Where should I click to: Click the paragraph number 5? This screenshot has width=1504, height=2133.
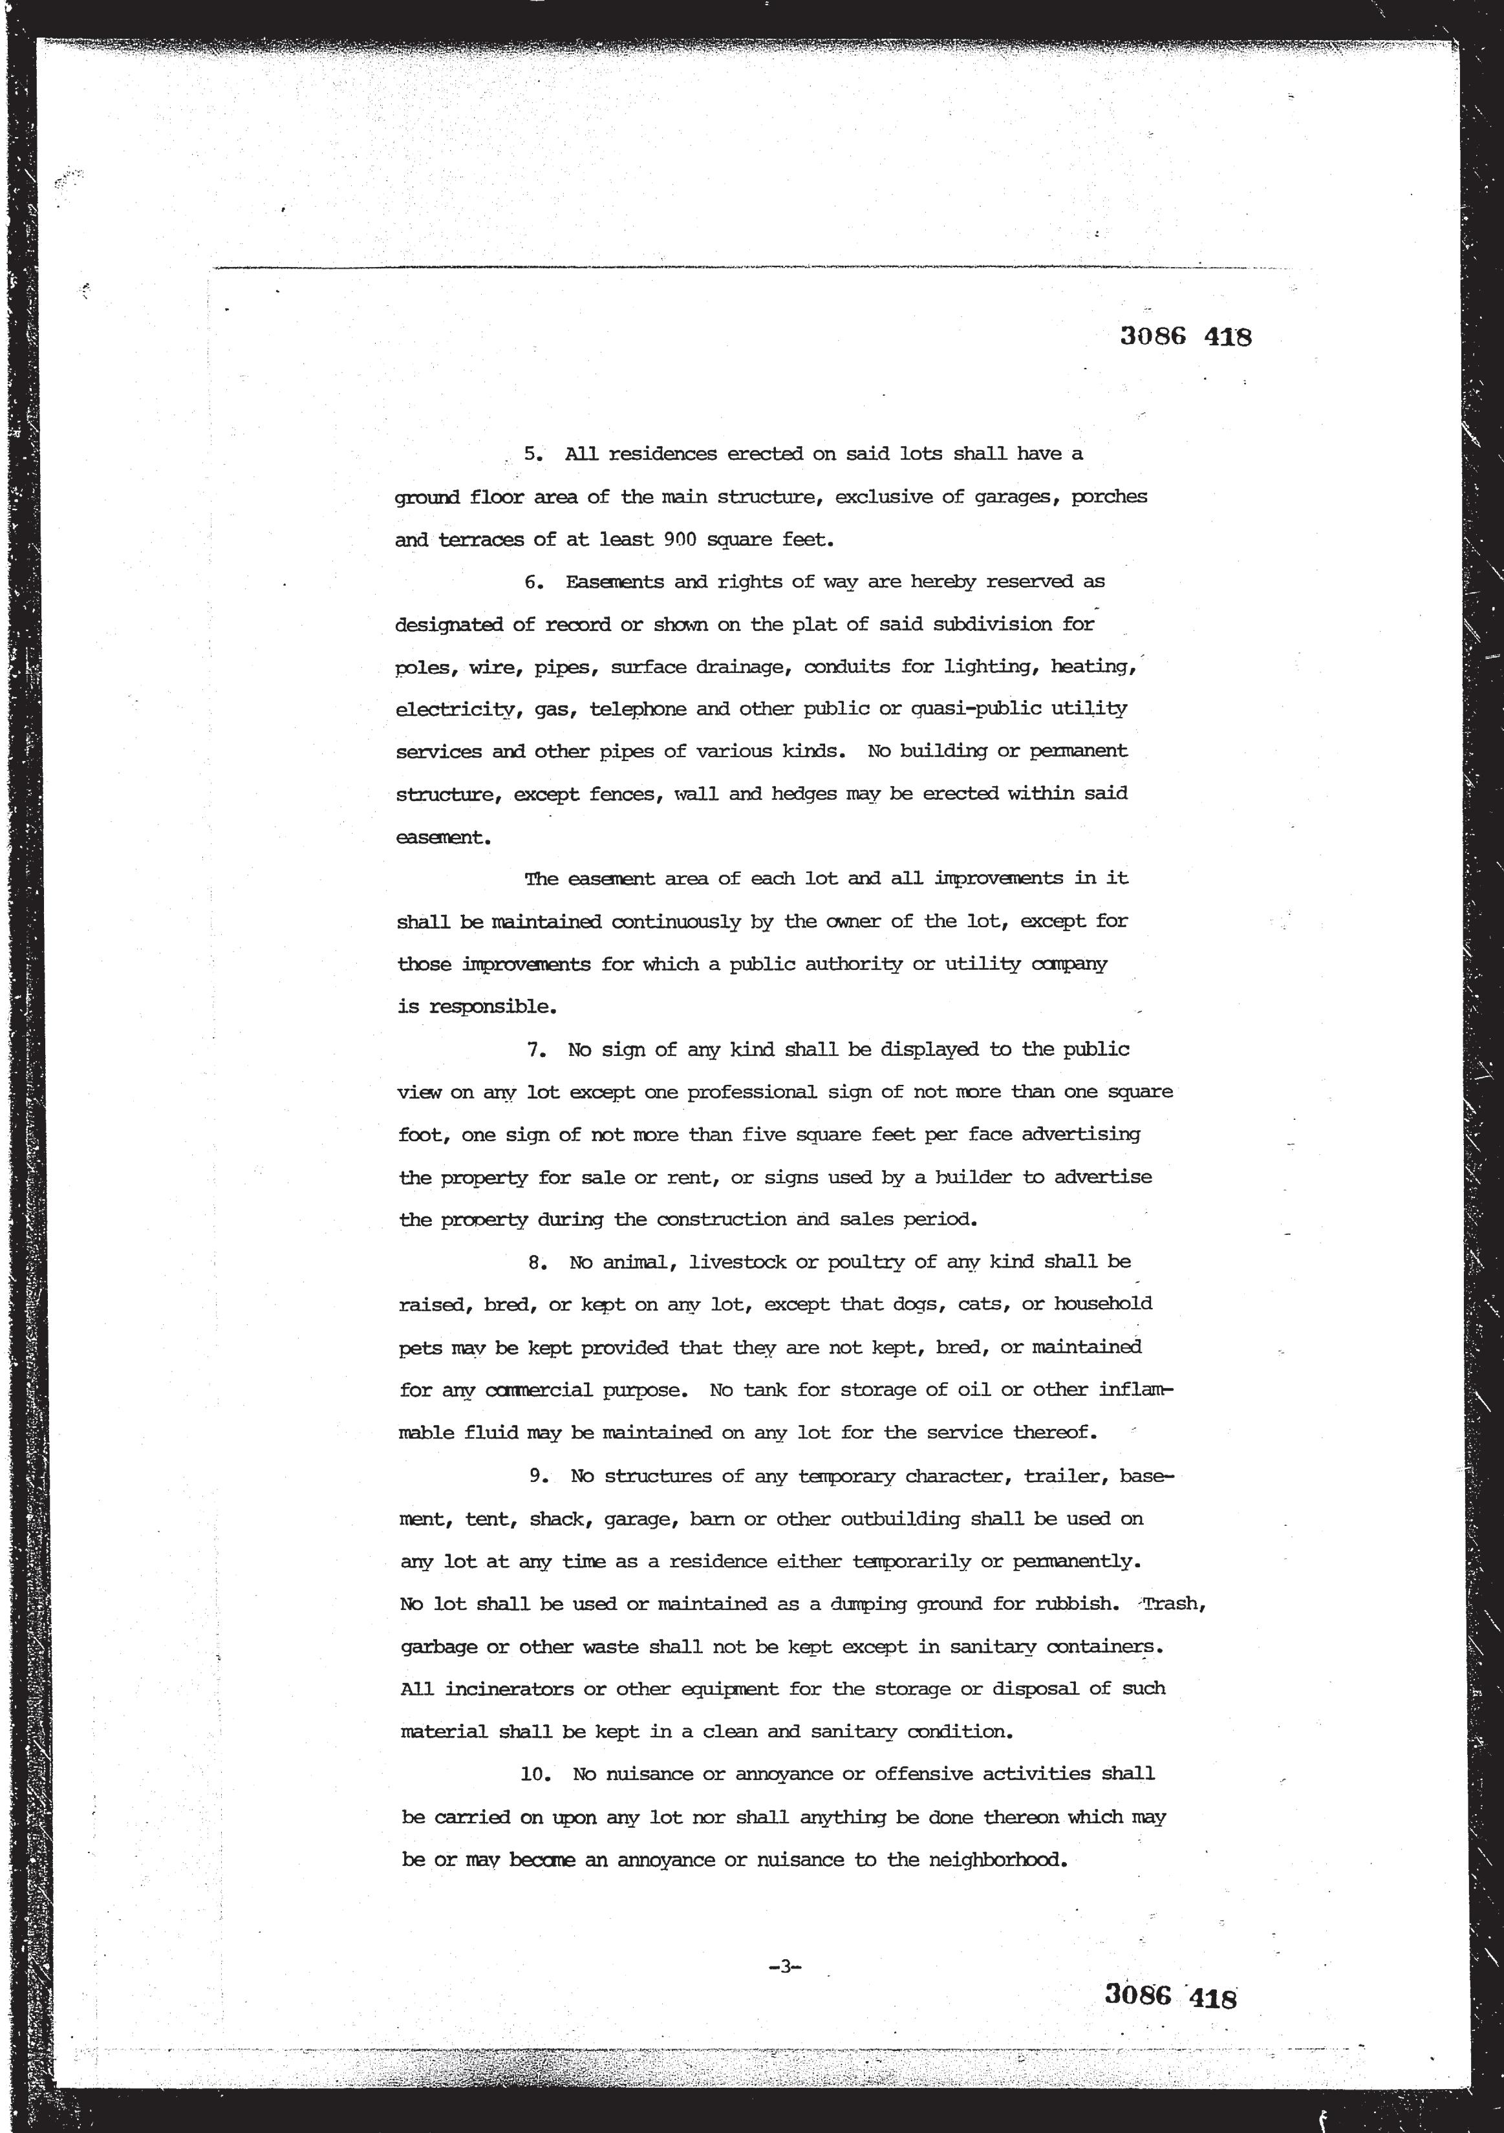pos(532,455)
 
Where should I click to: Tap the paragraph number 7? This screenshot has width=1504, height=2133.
pos(535,1050)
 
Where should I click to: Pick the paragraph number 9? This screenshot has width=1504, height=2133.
pos(536,1476)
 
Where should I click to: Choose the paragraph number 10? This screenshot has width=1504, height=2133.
pos(535,1774)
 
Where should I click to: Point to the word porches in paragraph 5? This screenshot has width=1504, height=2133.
pos(1108,497)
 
